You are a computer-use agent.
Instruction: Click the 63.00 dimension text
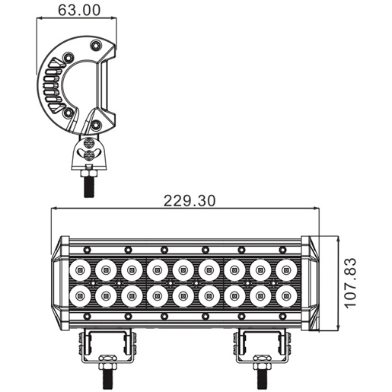(79, 10)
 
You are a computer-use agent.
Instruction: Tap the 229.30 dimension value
(190, 201)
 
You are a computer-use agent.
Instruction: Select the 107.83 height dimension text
(350, 283)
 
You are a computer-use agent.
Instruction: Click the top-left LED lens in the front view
(80, 270)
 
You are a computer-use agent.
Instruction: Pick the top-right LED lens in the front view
(286, 270)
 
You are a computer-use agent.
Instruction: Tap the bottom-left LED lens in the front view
(80, 296)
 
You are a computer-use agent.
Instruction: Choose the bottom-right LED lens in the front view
(286, 296)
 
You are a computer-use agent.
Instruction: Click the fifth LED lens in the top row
(183, 270)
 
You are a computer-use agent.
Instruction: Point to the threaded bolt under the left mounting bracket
(107, 379)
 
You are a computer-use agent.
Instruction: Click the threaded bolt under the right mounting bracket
(263, 379)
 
